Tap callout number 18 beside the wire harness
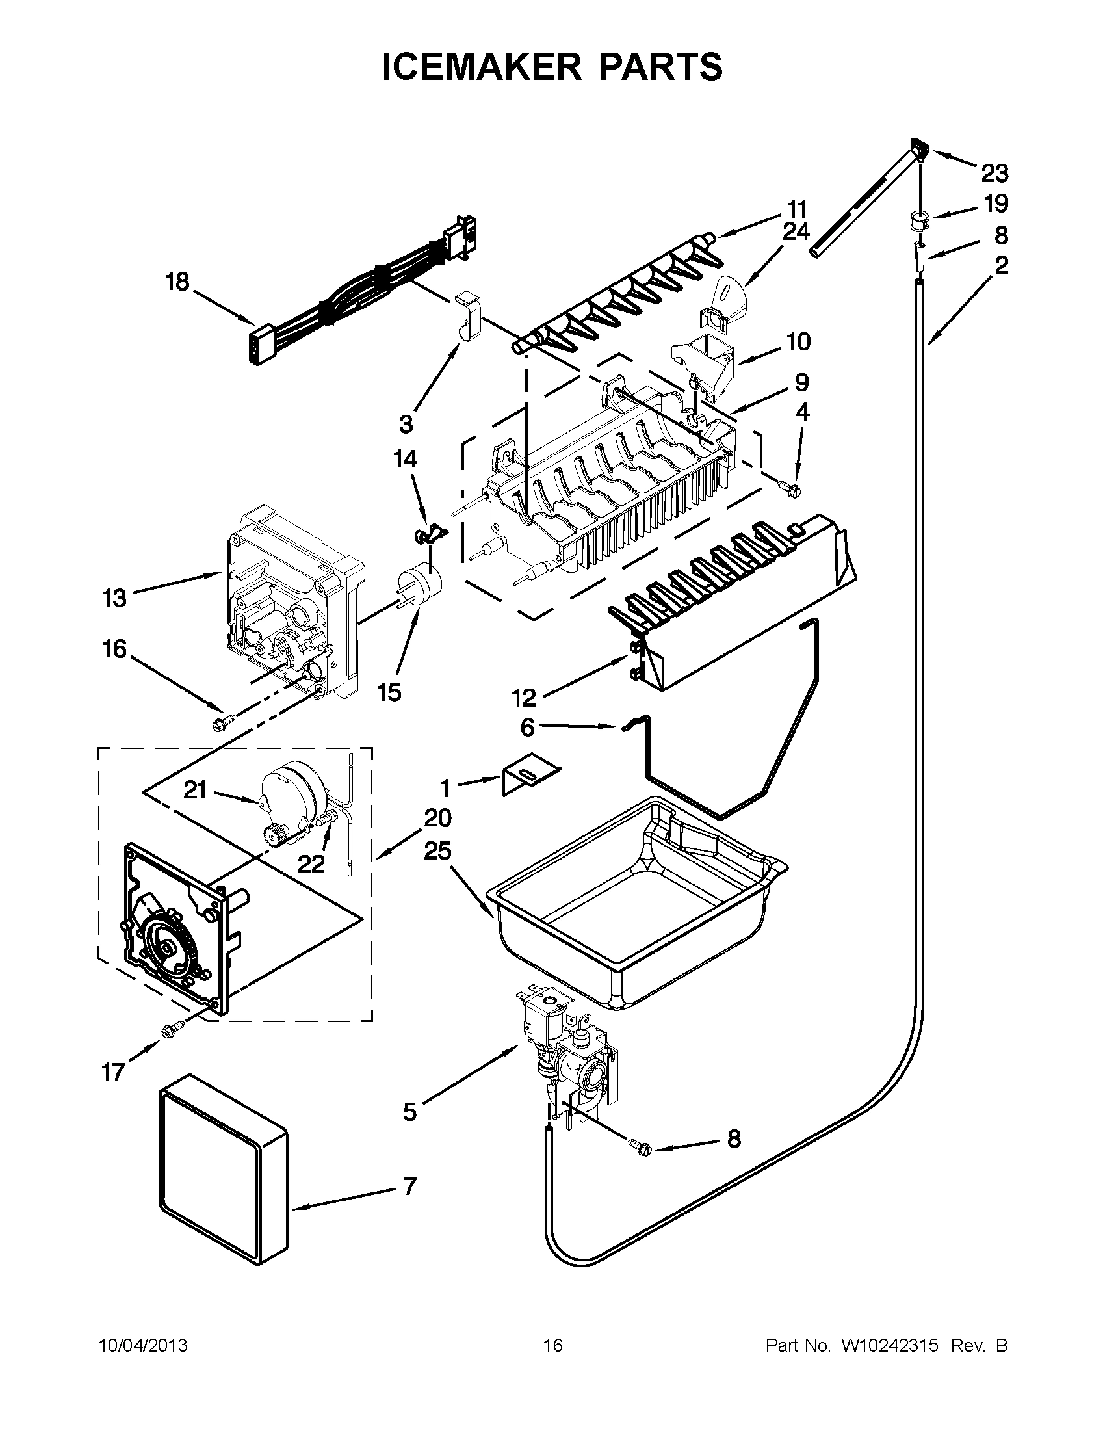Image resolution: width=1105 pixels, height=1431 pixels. [177, 282]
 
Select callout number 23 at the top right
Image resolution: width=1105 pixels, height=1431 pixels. [994, 174]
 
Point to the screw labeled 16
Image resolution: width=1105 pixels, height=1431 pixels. [219, 725]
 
